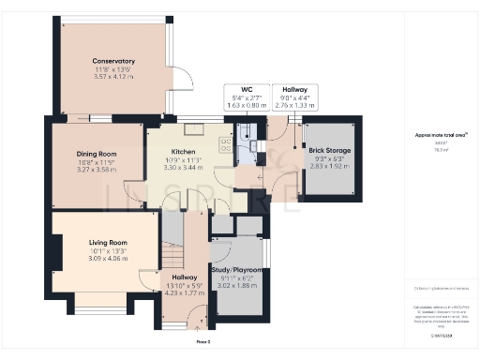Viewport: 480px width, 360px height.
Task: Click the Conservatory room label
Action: tap(107, 61)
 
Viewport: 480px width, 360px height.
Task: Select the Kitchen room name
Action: tap(182, 150)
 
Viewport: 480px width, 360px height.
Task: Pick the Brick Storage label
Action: tap(330, 151)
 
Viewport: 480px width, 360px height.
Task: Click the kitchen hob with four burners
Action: tap(225, 144)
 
